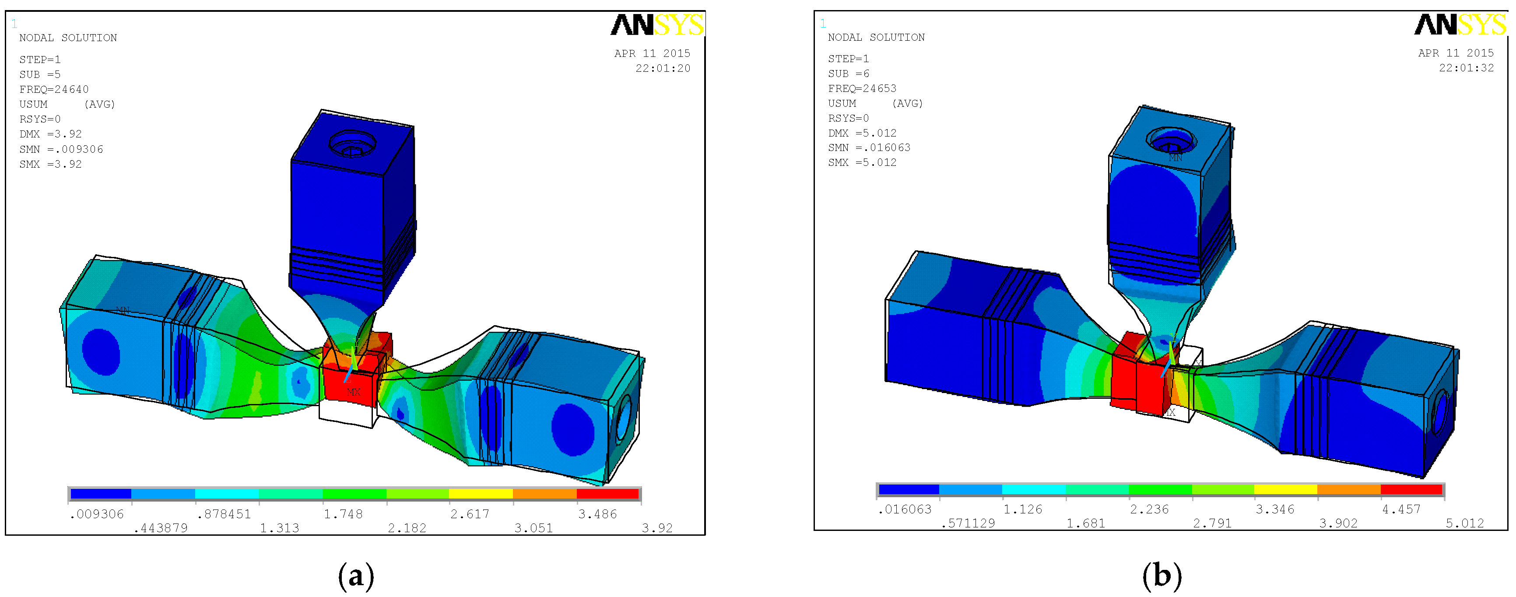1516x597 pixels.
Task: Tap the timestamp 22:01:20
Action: (662, 68)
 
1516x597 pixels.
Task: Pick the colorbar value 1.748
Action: (343, 514)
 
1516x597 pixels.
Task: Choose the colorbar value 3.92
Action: (657, 528)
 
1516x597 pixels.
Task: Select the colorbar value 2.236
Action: (1149, 509)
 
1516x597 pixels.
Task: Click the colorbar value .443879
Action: (160, 528)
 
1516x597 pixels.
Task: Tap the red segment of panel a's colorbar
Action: (607, 493)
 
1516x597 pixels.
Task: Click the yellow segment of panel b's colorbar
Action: (1285, 489)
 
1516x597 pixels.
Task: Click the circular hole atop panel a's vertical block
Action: (352, 143)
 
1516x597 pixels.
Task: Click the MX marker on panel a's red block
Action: (353, 392)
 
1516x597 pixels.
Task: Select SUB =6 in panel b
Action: (848, 74)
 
